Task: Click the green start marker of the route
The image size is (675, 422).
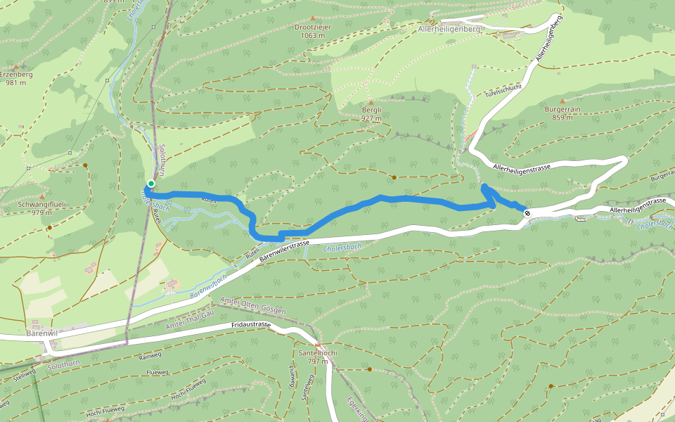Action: (150, 184)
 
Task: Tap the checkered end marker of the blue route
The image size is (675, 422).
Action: (527, 212)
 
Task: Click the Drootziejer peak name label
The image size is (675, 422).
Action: (313, 27)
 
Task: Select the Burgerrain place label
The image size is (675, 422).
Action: (561, 110)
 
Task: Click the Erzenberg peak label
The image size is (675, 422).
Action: (16, 74)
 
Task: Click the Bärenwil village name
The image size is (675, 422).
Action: (40, 332)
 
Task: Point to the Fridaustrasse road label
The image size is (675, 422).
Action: (251, 326)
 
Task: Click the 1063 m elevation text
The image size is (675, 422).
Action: (313, 35)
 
